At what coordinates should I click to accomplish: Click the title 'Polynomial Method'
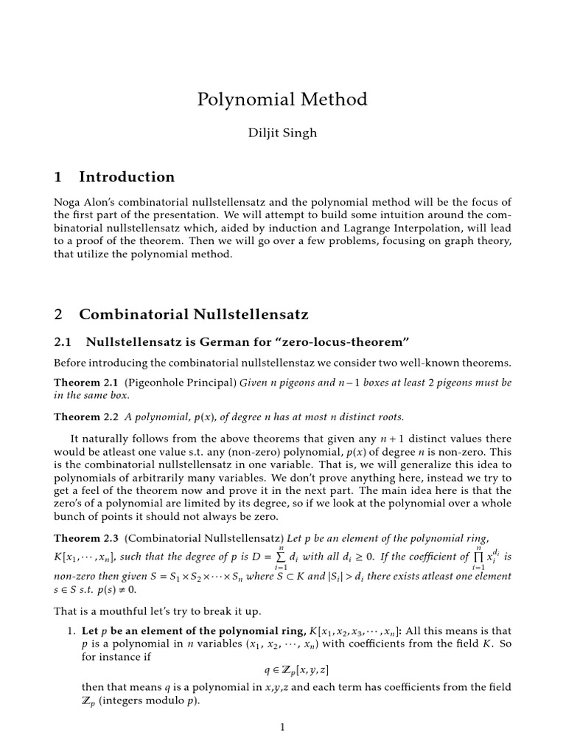[x=282, y=100]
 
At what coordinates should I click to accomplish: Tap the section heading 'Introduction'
[x=127, y=177]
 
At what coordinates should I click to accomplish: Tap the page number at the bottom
[x=282, y=727]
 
